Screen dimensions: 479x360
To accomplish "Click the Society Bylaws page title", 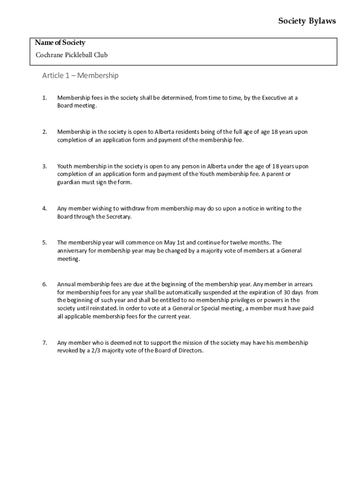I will (307, 21).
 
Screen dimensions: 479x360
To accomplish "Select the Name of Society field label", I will (60, 43).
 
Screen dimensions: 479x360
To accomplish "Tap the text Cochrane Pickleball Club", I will (72, 55).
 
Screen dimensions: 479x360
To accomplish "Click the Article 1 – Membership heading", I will (80, 76).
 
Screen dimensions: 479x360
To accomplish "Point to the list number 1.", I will (44, 98).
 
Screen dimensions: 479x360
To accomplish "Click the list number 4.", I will (44, 209).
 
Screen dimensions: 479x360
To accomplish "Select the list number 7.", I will (44, 343).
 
